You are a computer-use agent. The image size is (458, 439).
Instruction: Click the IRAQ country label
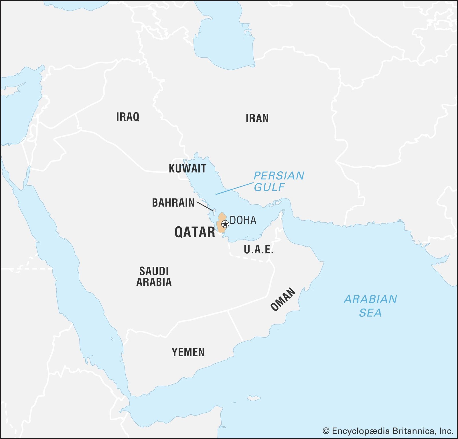(x=128, y=117)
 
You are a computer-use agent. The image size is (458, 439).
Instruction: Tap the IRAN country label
(x=257, y=118)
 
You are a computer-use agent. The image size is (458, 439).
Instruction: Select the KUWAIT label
(x=187, y=168)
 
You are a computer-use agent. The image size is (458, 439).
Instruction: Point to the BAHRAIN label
(x=173, y=203)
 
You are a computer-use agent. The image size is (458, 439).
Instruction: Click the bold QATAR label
(x=195, y=232)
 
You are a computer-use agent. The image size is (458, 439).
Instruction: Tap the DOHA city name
(x=243, y=220)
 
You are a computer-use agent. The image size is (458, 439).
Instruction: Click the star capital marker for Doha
(x=225, y=224)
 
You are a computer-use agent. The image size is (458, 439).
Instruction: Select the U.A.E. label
(x=258, y=250)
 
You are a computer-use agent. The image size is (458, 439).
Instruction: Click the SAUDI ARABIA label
(x=154, y=277)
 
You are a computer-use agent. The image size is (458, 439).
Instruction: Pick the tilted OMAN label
(x=283, y=299)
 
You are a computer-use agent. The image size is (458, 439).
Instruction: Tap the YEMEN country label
(x=188, y=352)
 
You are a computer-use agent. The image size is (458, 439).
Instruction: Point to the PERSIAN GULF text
(x=278, y=181)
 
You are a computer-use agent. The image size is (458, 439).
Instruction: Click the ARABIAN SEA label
(x=370, y=306)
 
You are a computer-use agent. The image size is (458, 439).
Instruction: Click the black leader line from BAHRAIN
(x=205, y=206)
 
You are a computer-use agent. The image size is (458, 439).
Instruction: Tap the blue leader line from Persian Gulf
(x=235, y=188)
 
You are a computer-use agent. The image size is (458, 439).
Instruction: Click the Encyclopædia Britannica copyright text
(x=392, y=431)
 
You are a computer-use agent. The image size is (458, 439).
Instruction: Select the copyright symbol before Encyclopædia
(x=326, y=431)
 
